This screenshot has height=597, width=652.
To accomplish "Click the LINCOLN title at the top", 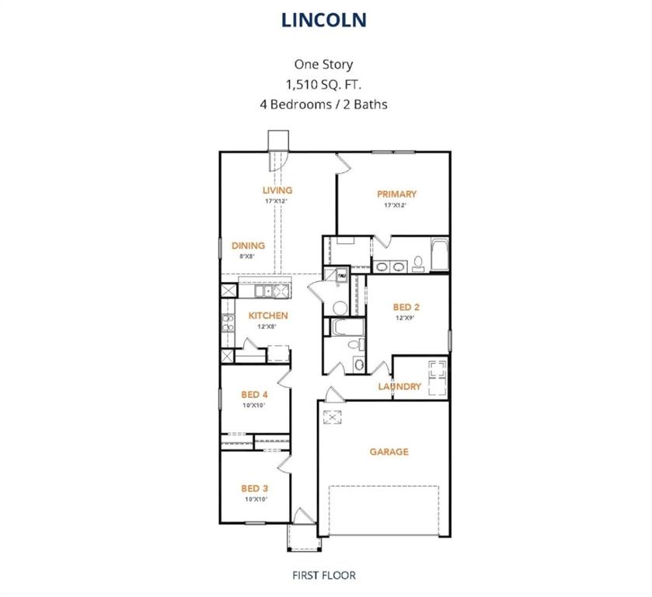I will (324, 19).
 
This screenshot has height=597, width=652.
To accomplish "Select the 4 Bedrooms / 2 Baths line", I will (324, 103).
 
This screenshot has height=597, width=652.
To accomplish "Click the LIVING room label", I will (277, 190).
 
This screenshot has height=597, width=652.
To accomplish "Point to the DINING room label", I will (248, 246).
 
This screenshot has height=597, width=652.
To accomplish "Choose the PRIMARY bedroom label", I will (396, 194).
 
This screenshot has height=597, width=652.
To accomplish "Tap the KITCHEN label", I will (268, 316).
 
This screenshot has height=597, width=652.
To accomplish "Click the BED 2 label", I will (407, 307).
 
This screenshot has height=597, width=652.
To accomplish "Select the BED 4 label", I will (254, 394).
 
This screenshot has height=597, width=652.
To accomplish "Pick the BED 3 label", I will (254, 488).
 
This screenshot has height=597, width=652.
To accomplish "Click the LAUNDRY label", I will (399, 386).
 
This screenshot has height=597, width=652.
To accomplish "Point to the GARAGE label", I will (389, 452).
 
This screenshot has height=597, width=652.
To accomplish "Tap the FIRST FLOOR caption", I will (324, 575).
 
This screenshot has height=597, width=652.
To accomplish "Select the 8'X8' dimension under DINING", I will (248, 256).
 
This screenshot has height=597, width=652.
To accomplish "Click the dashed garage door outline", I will (384, 511).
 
